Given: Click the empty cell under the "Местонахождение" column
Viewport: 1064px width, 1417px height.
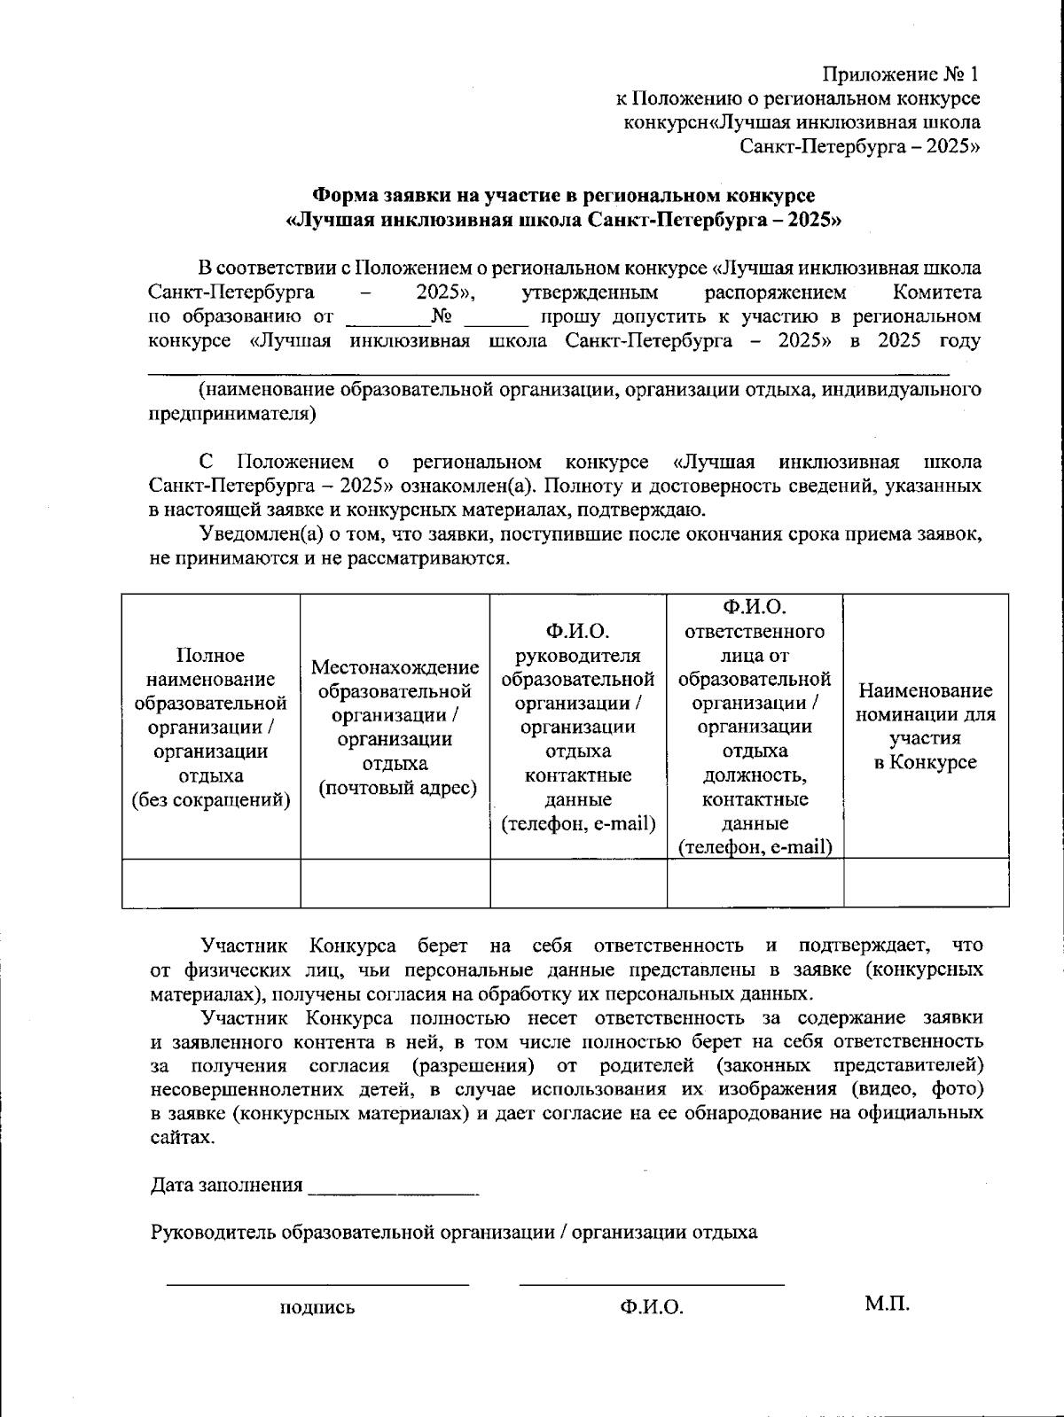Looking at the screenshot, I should (395, 883).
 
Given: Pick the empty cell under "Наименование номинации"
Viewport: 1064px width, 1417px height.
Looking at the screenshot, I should (926, 883).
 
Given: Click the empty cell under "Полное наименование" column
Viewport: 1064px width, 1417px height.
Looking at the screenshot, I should (211, 883).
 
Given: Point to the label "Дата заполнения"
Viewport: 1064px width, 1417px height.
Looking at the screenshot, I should (227, 1186).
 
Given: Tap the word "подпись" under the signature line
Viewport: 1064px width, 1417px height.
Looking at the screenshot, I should (317, 1307).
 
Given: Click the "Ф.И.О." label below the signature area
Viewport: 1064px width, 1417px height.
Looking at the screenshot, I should (652, 1307).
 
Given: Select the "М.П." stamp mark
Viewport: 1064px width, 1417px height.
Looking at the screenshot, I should (887, 1304).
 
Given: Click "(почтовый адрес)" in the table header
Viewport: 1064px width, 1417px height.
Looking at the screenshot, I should (395, 788).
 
